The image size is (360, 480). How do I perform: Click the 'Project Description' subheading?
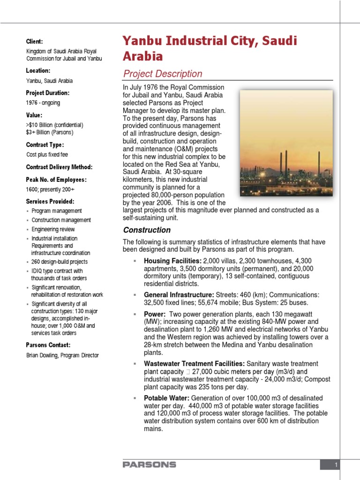[162, 74]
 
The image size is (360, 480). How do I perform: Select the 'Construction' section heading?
[147, 230]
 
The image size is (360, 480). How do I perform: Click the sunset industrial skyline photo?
[286, 143]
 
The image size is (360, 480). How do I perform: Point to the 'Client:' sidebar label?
[34, 42]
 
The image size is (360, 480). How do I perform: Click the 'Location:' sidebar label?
[38, 70]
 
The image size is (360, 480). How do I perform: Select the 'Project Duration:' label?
[47, 93]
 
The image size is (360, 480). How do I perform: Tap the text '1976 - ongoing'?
[43, 103]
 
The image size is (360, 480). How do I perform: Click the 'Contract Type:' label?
[45, 144]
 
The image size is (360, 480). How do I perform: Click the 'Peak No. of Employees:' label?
[56, 180]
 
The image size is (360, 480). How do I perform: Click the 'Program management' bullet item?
[57, 211]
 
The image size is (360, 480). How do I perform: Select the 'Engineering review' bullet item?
[53, 229]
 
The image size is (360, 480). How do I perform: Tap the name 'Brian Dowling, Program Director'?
[62, 355]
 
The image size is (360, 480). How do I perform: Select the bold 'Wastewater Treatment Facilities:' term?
[194, 364]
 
